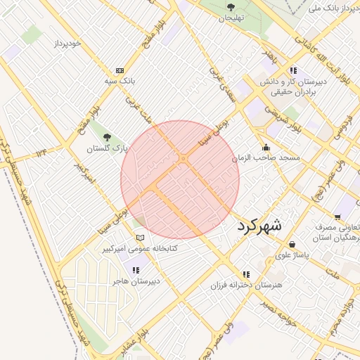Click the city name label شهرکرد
pos(260,226)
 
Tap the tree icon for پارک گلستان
pos(106,138)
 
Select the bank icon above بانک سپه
pos(120,70)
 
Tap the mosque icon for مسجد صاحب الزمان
pos(266,148)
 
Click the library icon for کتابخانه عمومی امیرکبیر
pos(140,238)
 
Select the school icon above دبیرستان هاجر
pos(136,270)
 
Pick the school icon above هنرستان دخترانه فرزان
pos(245,275)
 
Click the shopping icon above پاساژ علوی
pos(291,245)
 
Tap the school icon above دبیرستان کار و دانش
pos(292,71)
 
